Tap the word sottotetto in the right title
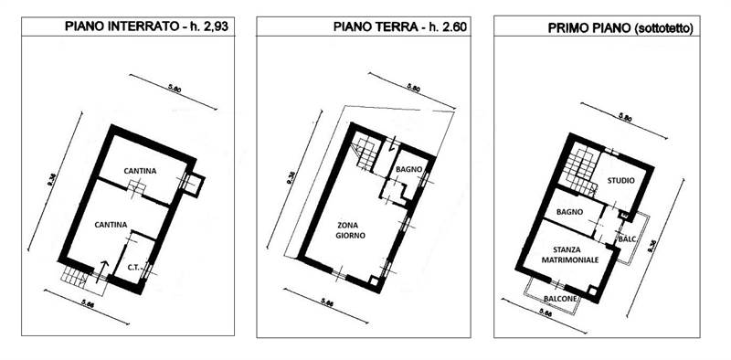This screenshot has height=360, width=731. pyautogui.click(x=667, y=28)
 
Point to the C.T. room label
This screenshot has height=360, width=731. pyautogui.click(x=132, y=267)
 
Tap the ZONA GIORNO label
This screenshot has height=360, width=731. pyautogui.click(x=352, y=229)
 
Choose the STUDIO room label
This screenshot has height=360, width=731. pyautogui.click(x=620, y=181)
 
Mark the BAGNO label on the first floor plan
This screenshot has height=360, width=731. pyautogui.click(x=568, y=213)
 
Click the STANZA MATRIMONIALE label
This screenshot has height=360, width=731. pyautogui.click(x=576, y=254)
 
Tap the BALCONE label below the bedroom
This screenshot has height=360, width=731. pyautogui.click(x=558, y=297)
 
